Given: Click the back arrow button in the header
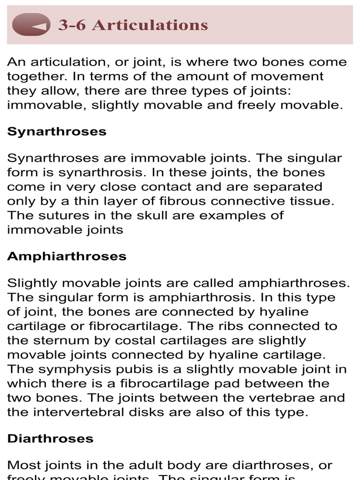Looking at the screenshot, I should [31, 25].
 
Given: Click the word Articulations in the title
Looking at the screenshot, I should [150, 25].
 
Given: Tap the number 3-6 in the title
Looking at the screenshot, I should [72, 25].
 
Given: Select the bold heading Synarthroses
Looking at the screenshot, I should [57, 132].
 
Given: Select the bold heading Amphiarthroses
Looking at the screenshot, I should [67, 257].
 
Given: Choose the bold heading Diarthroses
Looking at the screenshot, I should [50, 439].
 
